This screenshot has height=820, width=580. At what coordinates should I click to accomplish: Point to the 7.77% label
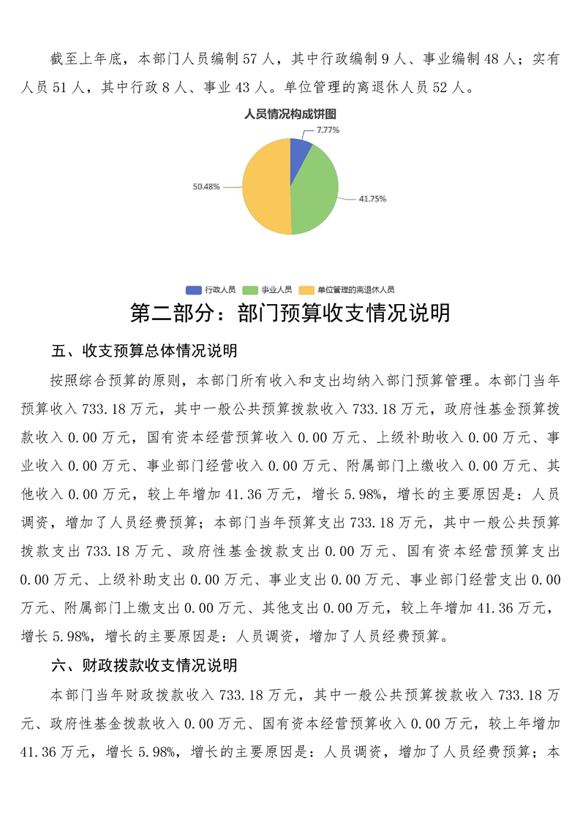[328, 130]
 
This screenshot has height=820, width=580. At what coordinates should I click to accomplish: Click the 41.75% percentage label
[372, 199]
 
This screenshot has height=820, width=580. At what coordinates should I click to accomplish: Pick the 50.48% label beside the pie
[206, 187]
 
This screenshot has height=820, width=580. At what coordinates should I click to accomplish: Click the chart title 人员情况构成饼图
[290, 114]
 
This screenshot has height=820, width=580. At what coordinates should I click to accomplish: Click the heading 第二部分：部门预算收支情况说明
[290, 314]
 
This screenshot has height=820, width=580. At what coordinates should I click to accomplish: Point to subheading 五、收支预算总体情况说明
[144, 351]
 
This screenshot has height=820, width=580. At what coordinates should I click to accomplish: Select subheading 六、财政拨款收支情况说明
[144, 665]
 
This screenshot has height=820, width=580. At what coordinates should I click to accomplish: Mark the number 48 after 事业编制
[492, 59]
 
